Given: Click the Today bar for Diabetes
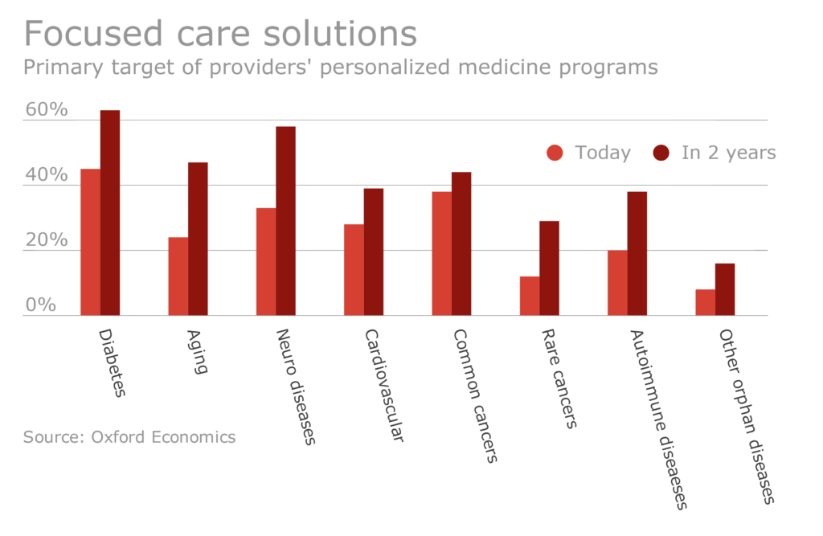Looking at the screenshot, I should point(90,242).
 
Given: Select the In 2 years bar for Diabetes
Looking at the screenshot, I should point(110,213).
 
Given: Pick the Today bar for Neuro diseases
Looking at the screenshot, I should point(266,261).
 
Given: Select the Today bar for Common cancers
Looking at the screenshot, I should point(441,253).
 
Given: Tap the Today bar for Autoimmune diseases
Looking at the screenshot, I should point(617,283).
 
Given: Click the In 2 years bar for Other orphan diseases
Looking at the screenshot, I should point(725,289).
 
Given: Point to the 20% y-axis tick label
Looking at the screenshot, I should point(47,241).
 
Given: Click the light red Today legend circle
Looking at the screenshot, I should point(555,153).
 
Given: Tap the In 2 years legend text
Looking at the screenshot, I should point(728,153).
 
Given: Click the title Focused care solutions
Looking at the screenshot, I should point(220,34).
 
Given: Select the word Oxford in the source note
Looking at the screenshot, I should point(120,437).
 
